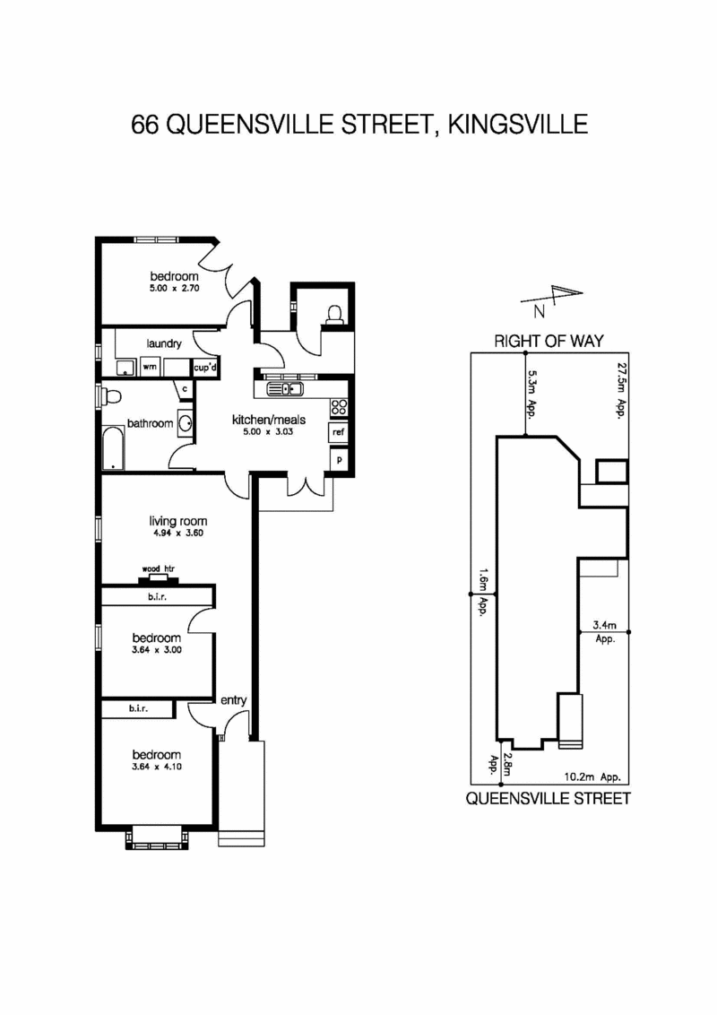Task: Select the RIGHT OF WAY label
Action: pos(549,341)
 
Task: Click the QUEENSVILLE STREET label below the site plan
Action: pos(548,798)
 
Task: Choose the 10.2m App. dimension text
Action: pos(592,777)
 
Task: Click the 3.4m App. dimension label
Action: pos(605,632)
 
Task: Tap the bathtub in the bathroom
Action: pos(113,448)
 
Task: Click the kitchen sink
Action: pos(290,389)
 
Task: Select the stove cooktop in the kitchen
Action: pos(340,408)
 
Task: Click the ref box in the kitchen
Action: pos(339,432)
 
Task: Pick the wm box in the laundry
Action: pos(148,367)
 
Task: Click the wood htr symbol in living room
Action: pos(157,577)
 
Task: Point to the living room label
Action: pos(178,521)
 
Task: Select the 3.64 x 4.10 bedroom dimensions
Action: pos(157,767)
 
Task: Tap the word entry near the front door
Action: pos(233,700)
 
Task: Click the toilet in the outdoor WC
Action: pos(334,313)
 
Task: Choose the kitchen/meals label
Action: pos(269,420)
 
